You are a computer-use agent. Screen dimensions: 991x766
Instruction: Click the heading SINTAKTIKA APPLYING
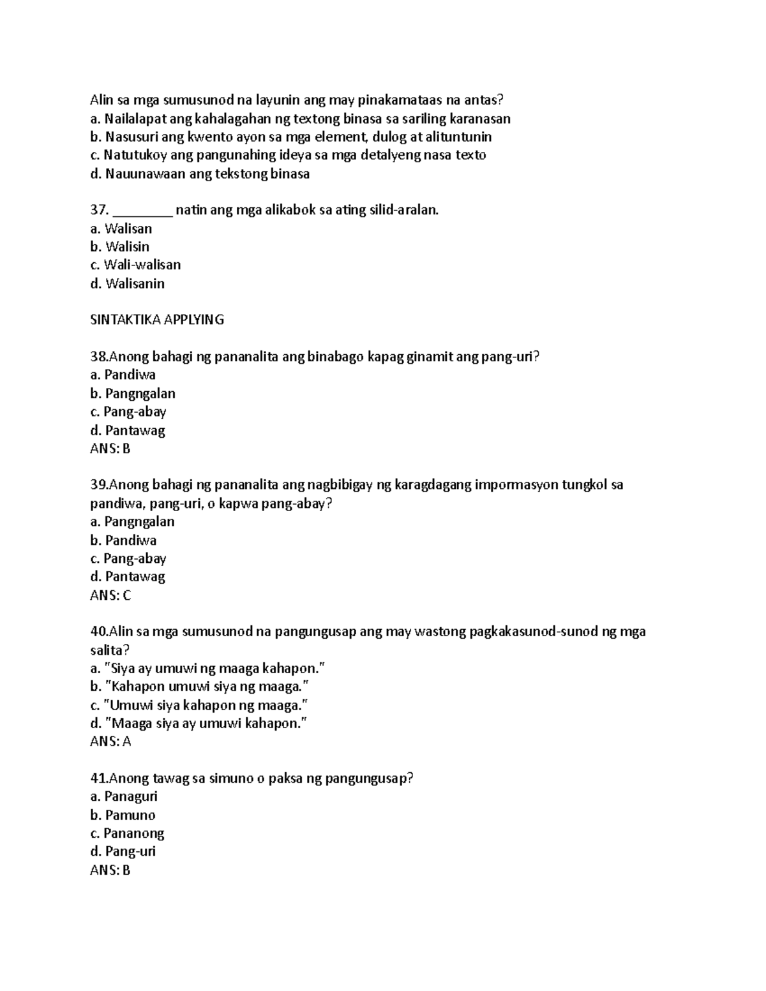tap(157, 320)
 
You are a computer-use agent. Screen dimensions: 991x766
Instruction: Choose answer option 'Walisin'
tap(127, 246)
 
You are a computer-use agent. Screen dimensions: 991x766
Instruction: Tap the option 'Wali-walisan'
tap(142, 265)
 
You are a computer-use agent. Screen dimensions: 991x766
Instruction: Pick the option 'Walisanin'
tap(135, 283)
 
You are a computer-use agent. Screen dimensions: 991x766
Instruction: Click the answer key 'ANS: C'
tap(110, 595)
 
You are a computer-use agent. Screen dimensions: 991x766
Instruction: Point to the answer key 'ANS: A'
tap(110, 741)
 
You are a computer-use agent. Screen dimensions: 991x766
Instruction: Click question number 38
tap(99, 357)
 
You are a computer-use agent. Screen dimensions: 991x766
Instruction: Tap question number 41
tap(99, 779)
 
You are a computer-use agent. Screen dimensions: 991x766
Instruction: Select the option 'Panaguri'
tap(131, 796)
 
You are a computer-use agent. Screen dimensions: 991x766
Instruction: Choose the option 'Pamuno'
tap(130, 815)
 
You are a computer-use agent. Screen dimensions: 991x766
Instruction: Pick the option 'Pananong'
tap(134, 833)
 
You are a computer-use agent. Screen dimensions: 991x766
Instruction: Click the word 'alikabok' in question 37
tap(290, 211)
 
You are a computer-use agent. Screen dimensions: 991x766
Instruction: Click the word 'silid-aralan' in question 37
tap(404, 211)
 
